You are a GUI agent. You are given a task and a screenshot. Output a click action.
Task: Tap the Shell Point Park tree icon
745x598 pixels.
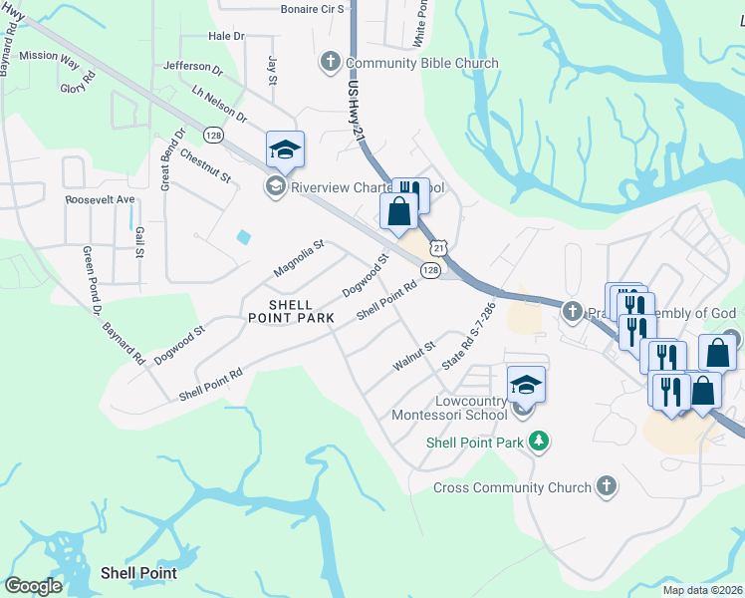coord(539,441)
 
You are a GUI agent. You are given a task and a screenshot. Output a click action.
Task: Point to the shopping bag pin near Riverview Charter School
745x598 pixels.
coord(398,211)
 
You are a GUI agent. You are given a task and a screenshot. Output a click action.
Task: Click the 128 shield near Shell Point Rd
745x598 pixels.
coord(430,270)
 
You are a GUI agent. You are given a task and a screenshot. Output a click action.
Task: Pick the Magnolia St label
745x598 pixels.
coord(299,258)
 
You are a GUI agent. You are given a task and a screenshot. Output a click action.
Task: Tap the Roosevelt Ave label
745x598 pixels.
coord(100,199)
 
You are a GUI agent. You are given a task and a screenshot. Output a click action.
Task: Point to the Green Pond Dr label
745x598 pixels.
coord(93,274)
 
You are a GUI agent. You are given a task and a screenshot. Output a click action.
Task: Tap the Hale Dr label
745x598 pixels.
coord(226,36)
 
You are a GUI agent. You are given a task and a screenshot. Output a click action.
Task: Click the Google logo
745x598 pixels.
coord(33,586)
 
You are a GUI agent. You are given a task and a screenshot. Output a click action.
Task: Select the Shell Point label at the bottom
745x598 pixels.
coord(138,573)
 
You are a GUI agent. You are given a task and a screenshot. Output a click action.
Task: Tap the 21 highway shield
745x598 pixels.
coord(438,246)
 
